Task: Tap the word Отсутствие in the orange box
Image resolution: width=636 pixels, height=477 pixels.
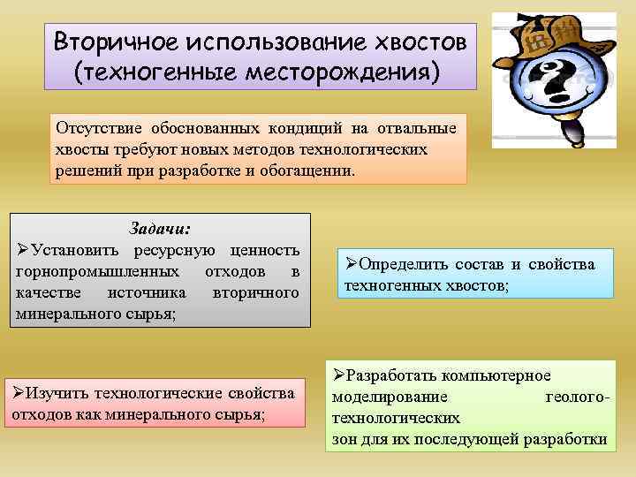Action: point(95,128)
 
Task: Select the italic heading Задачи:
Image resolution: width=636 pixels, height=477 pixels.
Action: point(159,228)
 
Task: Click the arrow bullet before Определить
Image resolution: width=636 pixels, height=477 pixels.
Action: point(350,264)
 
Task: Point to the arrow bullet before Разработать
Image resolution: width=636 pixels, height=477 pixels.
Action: point(337,375)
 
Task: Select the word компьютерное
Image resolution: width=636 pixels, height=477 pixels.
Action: point(501,375)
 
